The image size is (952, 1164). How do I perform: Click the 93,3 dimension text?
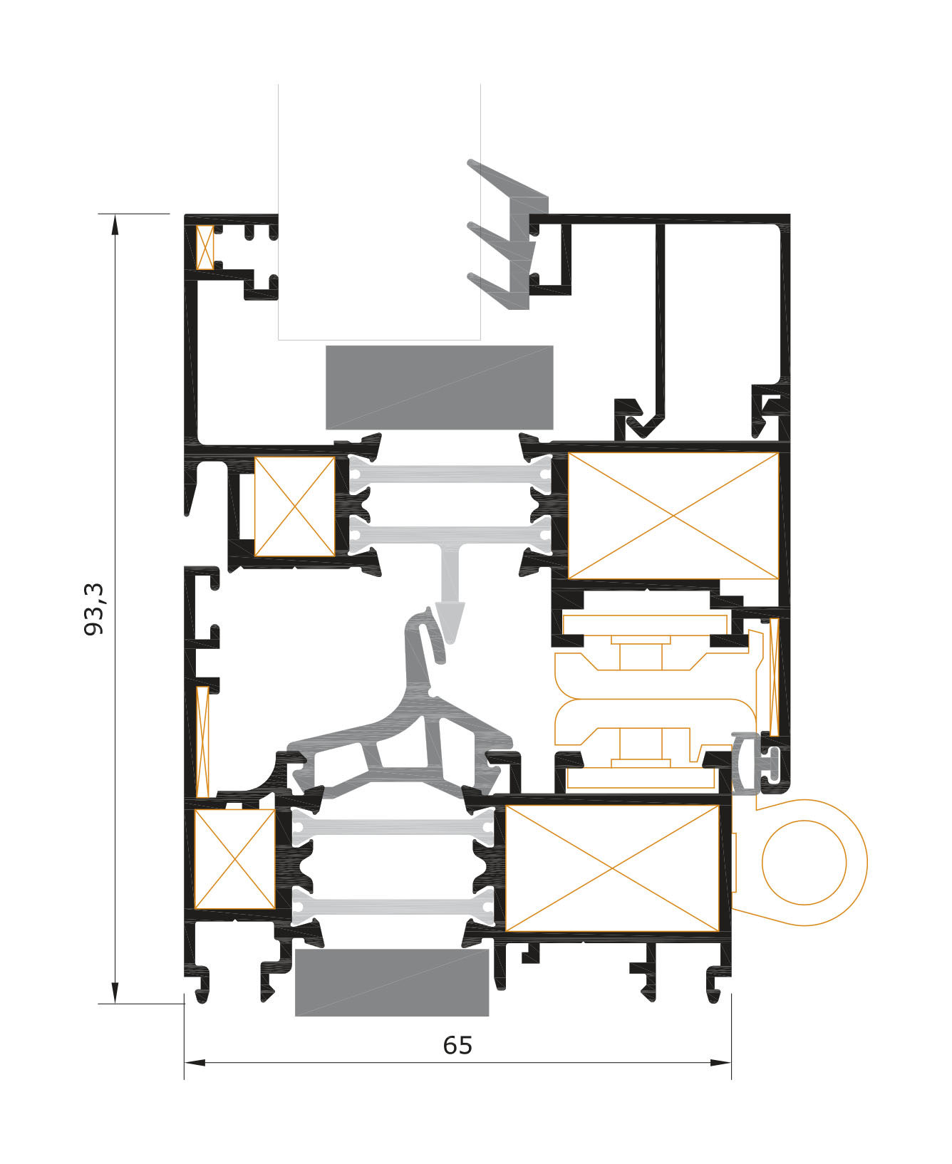pyautogui.click(x=94, y=608)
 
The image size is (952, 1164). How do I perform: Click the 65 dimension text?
pyautogui.click(x=457, y=1045)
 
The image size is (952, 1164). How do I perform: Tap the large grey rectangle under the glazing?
pyautogui.click(x=439, y=388)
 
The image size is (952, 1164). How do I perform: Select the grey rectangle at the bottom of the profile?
pyautogui.click(x=392, y=982)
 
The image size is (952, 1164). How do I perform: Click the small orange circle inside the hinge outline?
pyautogui.click(x=804, y=862)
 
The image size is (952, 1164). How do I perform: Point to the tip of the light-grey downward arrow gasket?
pyautogui.click(x=451, y=640)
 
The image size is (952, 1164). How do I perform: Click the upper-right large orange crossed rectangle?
pyautogui.click(x=673, y=516)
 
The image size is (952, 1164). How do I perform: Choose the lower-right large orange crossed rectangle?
pyautogui.click(x=611, y=868)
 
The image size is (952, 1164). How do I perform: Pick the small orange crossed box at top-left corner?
pyautogui.click(x=205, y=247)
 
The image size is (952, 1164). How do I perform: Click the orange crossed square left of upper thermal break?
pyautogui.click(x=294, y=506)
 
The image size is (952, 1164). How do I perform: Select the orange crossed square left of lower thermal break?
pyautogui.click(x=234, y=858)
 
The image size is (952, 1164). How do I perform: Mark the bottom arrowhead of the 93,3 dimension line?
pyautogui.click(x=115, y=994)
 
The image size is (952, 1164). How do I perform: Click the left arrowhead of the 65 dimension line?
pyautogui.click(x=194, y=1063)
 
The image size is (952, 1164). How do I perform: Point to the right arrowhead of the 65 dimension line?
pyautogui.click(x=721, y=1063)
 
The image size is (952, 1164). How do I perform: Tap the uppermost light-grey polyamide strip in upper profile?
pyautogui.click(x=450, y=474)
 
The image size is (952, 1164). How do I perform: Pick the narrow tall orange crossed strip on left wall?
pyautogui.click(x=202, y=742)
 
